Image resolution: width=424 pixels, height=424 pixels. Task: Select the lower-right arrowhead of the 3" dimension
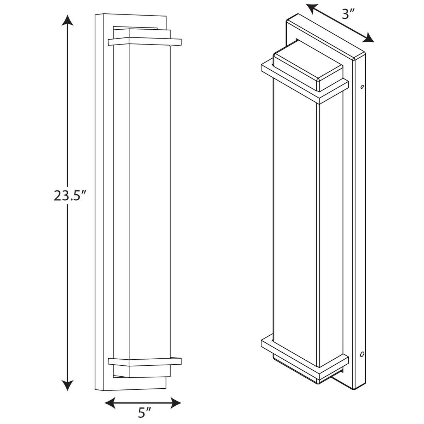tap(369, 38)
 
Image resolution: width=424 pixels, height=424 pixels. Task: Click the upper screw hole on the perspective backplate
tap(361, 86)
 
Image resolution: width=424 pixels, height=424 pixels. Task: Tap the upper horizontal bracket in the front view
tap(145, 42)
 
